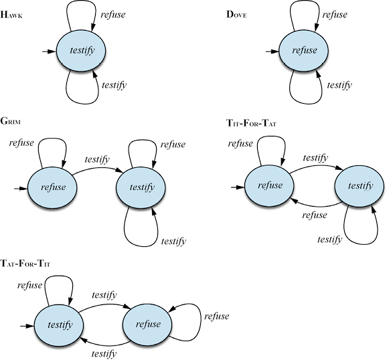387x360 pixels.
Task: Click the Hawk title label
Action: [x=11, y=15]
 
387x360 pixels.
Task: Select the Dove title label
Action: [x=236, y=15]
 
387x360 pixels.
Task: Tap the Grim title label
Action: [x=10, y=121]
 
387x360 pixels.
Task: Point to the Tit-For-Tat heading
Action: [x=251, y=122]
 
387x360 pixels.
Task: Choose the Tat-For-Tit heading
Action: [x=25, y=263]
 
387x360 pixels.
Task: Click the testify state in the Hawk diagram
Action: [x=81, y=51]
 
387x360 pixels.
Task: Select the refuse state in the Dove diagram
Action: [x=303, y=51]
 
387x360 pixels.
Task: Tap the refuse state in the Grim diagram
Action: [x=52, y=187]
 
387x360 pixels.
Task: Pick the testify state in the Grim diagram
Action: [x=141, y=187]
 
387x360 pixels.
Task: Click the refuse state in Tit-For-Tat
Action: [x=269, y=186]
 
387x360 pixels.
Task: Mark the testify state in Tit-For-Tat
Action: [x=360, y=186]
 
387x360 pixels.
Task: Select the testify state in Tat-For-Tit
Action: [x=59, y=325]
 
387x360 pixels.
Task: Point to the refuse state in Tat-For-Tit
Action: [x=147, y=325]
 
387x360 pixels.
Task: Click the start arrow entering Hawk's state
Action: [x=49, y=52]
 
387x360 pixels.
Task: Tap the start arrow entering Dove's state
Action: [x=272, y=52]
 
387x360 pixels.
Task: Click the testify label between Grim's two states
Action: [x=97, y=159]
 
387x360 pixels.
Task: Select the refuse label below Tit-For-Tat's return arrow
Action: [x=315, y=215]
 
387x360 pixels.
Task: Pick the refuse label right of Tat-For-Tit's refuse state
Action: [x=216, y=316]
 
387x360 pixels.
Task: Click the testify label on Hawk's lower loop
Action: [x=114, y=85]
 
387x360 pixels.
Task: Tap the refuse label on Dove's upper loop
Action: [x=335, y=15]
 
